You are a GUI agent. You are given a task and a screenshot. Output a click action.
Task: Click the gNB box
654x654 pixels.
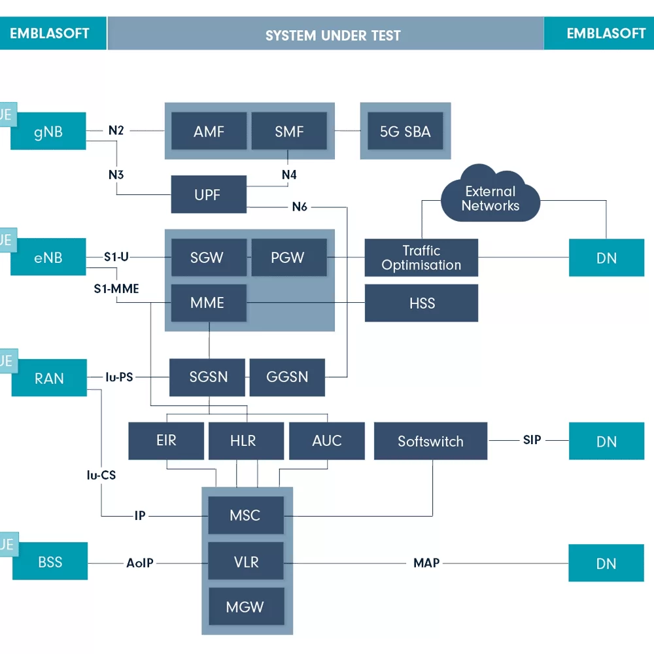(x=48, y=131)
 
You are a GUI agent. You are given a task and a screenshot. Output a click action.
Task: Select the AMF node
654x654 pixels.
(x=209, y=131)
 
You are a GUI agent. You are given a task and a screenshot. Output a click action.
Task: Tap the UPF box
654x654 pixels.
(x=209, y=194)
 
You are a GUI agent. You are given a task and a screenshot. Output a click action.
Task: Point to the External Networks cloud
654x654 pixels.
(x=490, y=194)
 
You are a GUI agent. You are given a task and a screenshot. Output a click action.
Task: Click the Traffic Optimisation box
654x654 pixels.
(x=421, y=258)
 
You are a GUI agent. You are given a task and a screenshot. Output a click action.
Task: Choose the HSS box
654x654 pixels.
(x=421, y=303)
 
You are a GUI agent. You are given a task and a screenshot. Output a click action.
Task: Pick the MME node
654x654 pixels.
(x=209, y=303)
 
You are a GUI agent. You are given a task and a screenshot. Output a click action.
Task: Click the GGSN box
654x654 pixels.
(x=287, y=377)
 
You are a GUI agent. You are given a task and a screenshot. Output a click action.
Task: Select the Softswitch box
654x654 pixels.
(x=430, y=441)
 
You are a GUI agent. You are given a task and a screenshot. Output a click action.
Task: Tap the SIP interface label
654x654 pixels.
(x=532, y=440)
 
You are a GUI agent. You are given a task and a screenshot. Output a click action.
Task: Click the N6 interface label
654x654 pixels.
(x=300, y=207)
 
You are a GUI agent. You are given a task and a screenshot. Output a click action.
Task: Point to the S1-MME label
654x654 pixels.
(x=116, y=288)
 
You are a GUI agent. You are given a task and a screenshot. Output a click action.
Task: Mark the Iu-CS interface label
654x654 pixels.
(x=101, y=475)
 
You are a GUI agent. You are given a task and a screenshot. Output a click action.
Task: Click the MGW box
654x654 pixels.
(x=246, y=606)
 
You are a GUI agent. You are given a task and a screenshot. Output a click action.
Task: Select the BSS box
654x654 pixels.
(x=50, y=561)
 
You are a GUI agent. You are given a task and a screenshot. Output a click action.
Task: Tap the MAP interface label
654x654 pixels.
(x=426, y=563)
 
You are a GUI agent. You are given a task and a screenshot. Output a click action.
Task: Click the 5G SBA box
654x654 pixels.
(x=405, y=131)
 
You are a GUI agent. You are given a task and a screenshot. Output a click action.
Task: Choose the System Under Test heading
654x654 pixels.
(x=333, y=36)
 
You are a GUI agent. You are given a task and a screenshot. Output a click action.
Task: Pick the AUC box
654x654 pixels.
(x=327, y=441)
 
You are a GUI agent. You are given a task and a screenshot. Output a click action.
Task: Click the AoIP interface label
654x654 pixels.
(x=140, y=563)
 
